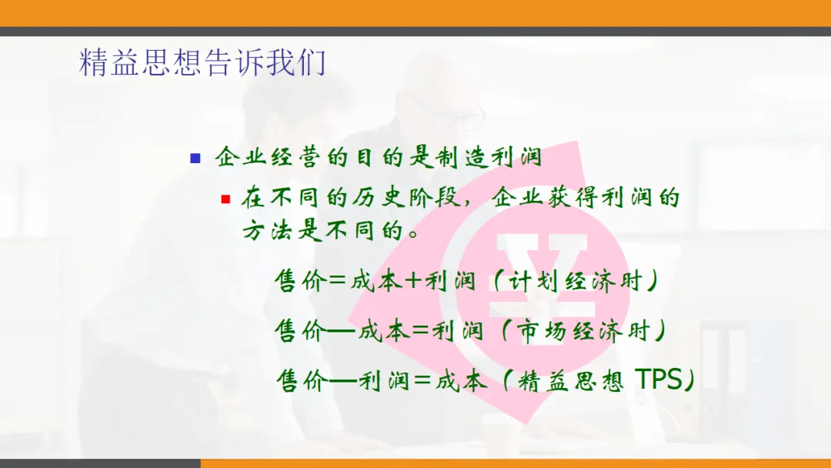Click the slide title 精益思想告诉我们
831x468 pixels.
coord(202,62)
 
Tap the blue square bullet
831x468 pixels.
coord(195,158)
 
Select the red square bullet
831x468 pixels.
coord(225,199)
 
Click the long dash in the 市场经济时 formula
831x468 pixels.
coord(340,331)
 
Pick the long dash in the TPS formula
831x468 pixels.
coord(342,380)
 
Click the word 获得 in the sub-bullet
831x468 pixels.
coord(572,198)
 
